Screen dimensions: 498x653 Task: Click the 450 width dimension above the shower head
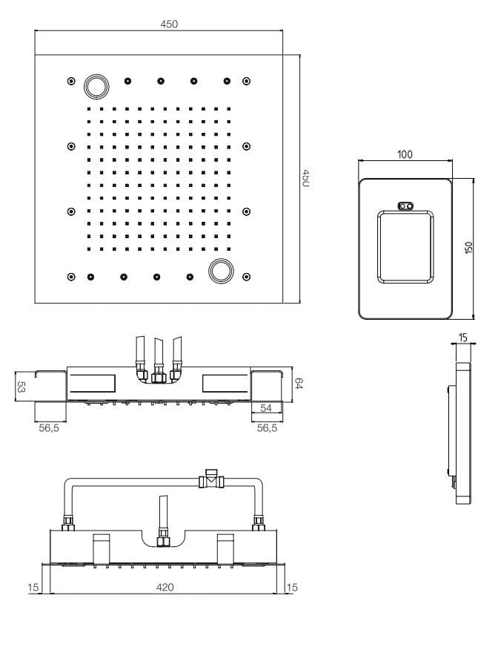tap(169, 24)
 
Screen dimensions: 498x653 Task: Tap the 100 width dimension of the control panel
tap(405, 154)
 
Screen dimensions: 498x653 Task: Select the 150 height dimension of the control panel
tap(469, 248)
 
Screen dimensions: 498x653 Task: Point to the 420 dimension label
tap(165, 587)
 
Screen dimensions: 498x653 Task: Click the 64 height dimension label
tap(299, 383)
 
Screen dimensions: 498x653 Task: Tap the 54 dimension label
tap(266, 408)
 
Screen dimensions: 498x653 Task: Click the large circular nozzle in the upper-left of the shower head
tap(96, 86)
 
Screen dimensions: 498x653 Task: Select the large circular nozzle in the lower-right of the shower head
tap(221, 271)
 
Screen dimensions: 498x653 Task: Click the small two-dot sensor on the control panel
tap(406, 206)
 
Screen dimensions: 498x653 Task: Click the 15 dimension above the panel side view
tap(463, 338)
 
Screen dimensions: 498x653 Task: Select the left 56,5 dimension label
tap(49, 428)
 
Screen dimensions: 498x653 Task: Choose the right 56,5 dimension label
tap(267, 428)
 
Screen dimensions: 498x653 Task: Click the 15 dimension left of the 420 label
tap(33, 587)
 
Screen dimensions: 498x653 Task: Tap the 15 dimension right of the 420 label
tap(292, 587)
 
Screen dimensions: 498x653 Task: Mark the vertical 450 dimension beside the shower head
tap(305, 178)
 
